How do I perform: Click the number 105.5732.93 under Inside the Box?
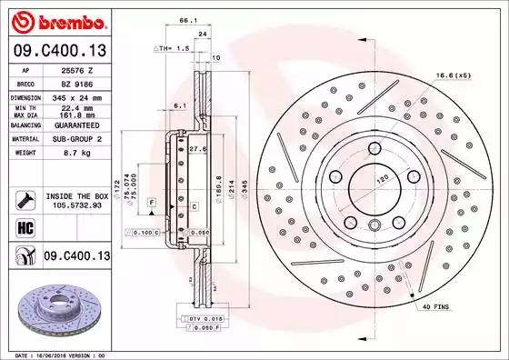click(73, 206)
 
